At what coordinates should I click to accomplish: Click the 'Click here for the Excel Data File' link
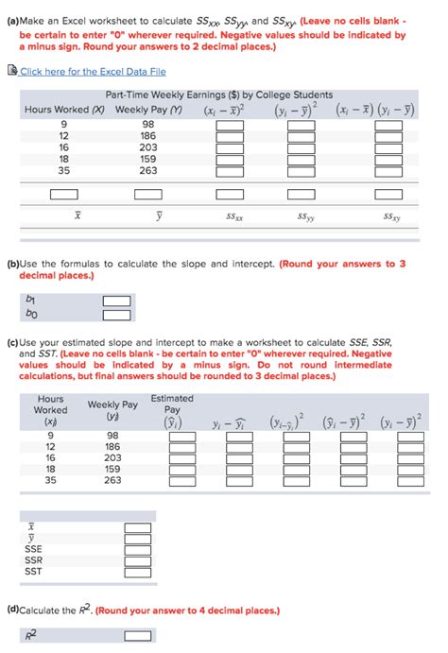[x=93, y=71]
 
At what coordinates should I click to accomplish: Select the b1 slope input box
[x=116, y=301]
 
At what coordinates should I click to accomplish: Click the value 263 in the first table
[x=148, y=171]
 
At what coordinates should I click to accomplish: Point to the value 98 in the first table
[x=148, y=124]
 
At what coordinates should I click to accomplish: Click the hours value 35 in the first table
[x=63, y=171]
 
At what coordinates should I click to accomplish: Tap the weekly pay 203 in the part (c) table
[x=112, y=456]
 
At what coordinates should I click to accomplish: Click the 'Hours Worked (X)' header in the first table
[x=63, y=110]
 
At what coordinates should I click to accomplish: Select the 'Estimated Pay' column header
[x=172, y=404]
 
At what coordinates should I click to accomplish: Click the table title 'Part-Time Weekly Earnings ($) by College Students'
[x=219, y=95]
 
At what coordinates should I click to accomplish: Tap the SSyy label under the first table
[x=304, y=215]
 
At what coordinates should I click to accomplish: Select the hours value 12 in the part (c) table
[x=50, y=445]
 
